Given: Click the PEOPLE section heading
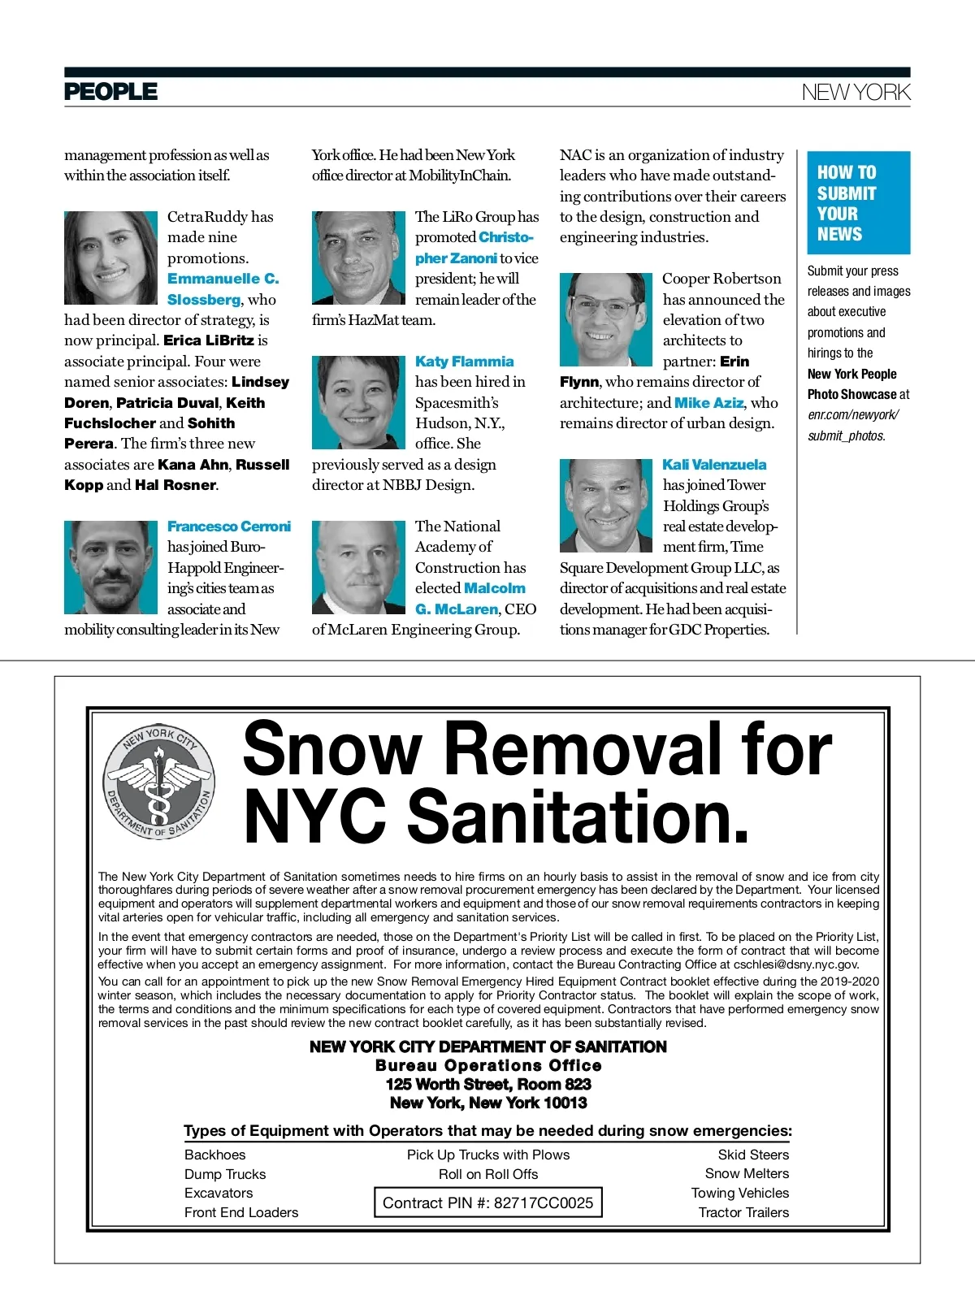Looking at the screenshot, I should [x=110, y=92].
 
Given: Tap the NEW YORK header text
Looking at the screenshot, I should [x=856, y=93].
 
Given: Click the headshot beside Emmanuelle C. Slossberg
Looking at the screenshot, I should [x=110, y=258].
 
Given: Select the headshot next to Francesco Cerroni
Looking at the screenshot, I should [x=110, y=567].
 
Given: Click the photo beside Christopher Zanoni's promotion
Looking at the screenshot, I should [x=358, y=258].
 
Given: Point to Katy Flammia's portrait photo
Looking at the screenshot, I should [x=358, y=402].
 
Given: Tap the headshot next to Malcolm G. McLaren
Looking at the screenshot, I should [x=358, y=567].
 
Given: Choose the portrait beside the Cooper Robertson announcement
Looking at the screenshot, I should [x=605, y=319].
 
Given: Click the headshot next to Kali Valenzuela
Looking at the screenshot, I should [x=605, y=505].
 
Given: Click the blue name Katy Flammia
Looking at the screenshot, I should [x=464, y=362].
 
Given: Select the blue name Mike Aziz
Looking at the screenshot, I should [x=708, y=403].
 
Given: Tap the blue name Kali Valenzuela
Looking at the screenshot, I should [x=714, y=465].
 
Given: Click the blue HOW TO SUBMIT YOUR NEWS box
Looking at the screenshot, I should [x=858, y=203].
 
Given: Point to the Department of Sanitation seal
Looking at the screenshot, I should [x=159, y=782].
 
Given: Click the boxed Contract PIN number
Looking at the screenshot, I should [x=487, y=1202].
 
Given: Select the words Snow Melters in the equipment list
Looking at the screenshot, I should [x=747, y=1173].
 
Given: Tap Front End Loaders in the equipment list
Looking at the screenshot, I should [x=241, y=1212].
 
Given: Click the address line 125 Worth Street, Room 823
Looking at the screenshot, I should [x=487, y=1084].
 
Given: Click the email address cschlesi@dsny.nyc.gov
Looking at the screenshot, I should [x=796, y=964].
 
